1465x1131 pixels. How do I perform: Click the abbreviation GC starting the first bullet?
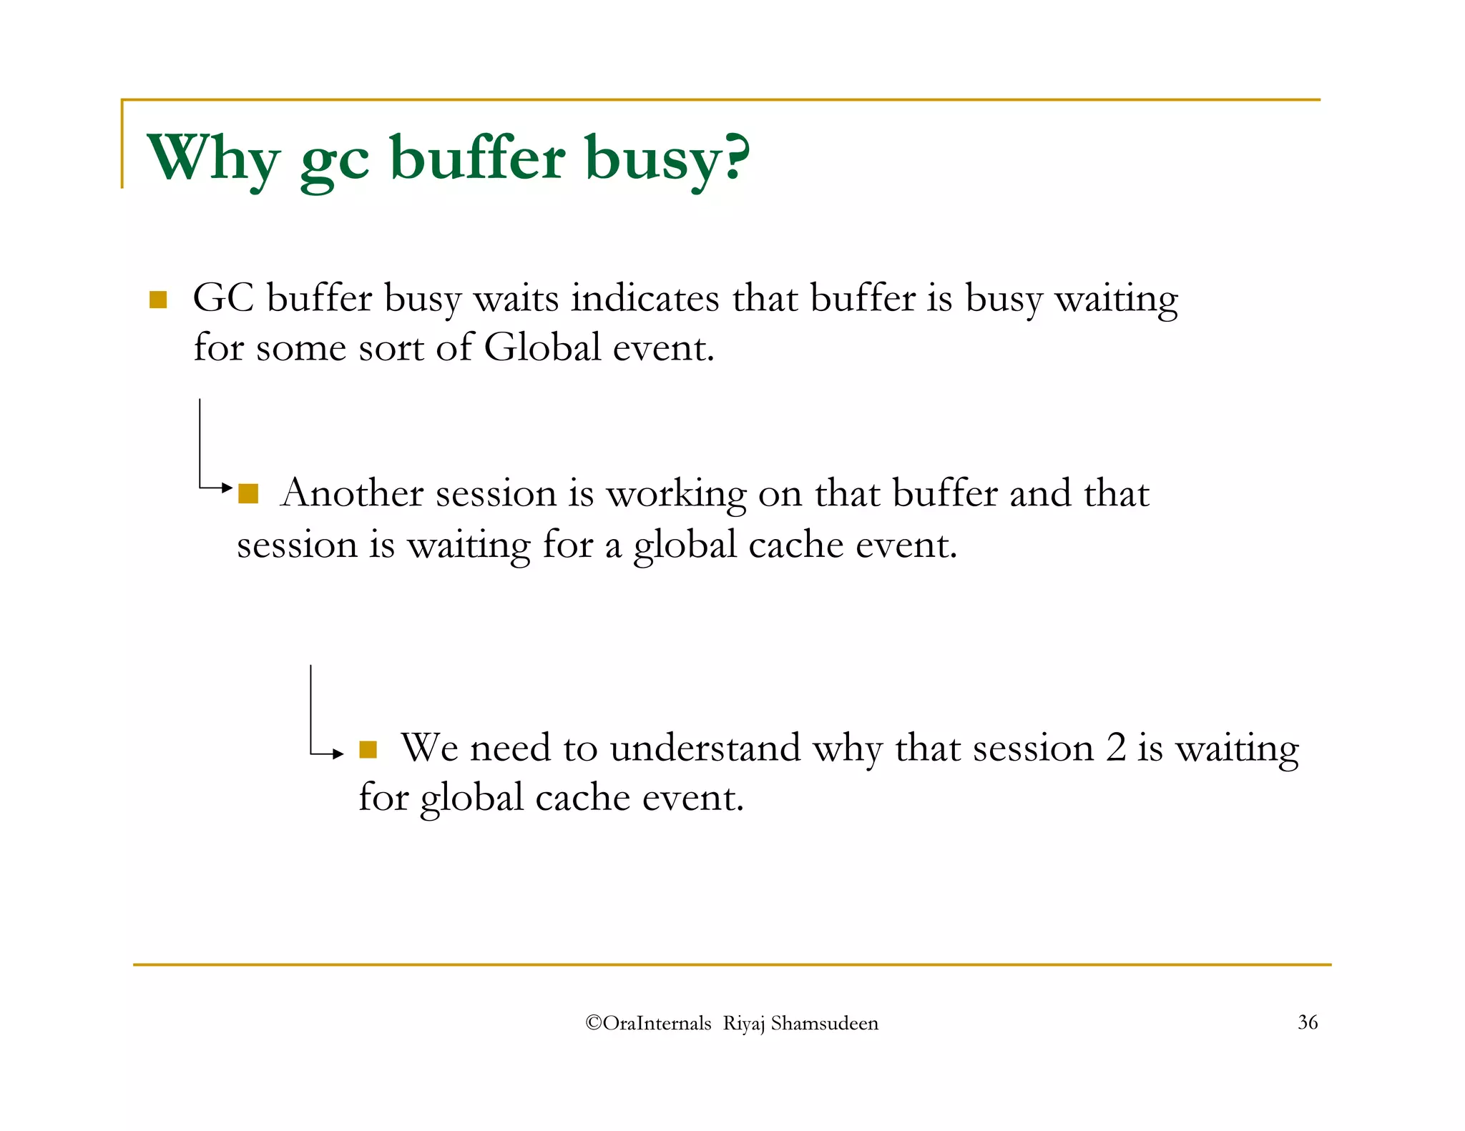tap(223, 298)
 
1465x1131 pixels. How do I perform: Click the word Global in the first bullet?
tap(542, 348)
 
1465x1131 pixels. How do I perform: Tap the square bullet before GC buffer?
tap(158, 300)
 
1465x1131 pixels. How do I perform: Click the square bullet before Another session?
tap(248, 494)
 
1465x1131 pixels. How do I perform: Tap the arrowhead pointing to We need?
tap(338, 754)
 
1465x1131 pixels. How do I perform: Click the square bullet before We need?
tap(368, 749)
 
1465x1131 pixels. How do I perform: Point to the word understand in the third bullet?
tap(705, 749)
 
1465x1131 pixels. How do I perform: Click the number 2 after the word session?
tap(1115, 748)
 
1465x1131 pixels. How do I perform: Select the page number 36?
tap(1308, 1022)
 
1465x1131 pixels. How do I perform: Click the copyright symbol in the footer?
tap(593, 1023)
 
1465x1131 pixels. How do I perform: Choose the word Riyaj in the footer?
tap(743, 1024)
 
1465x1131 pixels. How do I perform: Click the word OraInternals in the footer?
tap(657, 1023)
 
